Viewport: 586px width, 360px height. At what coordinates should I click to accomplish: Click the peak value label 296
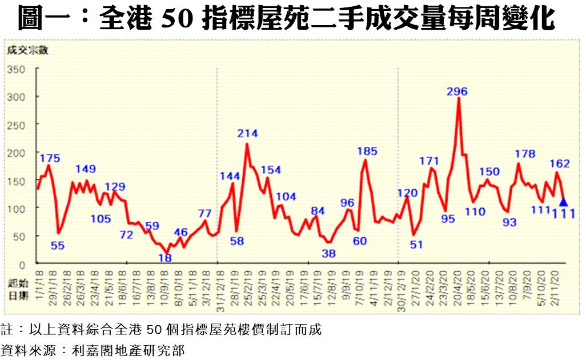457,91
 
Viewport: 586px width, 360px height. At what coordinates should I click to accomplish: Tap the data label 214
248,134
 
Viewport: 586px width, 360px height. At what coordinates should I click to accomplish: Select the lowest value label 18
165,258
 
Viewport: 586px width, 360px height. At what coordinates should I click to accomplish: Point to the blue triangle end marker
564,202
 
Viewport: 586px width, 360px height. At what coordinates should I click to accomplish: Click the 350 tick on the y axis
17,69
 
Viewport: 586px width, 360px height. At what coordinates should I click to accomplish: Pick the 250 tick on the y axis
17,125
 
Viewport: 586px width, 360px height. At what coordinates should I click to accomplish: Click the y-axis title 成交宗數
27,50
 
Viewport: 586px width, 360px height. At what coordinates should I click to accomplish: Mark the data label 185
367,151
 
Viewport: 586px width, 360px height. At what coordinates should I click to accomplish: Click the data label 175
50,158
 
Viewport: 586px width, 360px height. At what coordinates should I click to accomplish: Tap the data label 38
328,253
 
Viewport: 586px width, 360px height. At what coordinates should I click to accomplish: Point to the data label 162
559,163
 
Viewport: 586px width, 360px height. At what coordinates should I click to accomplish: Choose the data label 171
429,161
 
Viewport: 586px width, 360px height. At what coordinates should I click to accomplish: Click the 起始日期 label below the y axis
17,290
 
